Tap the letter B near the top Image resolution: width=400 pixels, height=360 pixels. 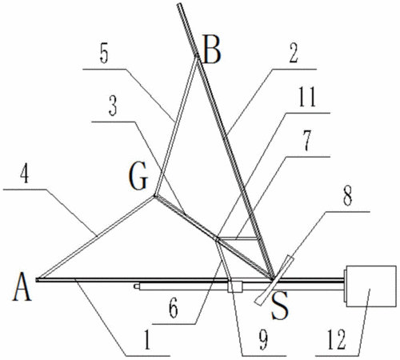coord(211,50)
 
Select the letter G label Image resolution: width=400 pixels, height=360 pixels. coord(138,176)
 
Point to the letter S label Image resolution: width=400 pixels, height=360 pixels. coord(280,306)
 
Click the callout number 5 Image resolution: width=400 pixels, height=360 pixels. coord(104,54)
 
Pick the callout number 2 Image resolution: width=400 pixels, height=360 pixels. coord(293,54)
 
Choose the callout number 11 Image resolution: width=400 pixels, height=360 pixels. coord(307,98)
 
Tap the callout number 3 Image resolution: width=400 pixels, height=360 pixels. coord(113,106)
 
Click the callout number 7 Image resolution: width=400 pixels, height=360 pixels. coord(307,141)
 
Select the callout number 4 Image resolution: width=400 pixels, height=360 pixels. coord(25,174)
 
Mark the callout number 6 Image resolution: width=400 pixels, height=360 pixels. coord(174,309)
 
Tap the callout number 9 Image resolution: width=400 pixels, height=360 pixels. coord(263,340)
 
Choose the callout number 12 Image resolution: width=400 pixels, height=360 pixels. coord(337,340)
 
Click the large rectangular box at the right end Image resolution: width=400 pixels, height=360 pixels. coord(370,286)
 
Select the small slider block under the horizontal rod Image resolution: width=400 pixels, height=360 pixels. coord(235,286)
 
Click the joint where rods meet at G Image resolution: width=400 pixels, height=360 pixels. coord(154,197)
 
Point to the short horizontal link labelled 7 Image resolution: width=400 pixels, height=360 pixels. coord(238,238)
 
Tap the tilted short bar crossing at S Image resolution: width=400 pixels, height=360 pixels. coord(274,280)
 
